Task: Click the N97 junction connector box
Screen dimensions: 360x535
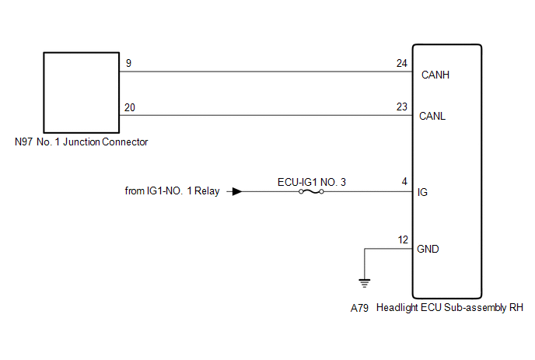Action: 79,93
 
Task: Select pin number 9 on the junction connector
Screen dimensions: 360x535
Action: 128,64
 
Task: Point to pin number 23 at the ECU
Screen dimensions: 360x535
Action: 401,107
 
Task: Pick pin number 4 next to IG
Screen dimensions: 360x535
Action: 404,182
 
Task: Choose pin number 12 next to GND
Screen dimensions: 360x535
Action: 402,239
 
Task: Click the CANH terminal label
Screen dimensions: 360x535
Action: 435,76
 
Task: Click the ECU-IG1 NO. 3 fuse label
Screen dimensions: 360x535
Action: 311,182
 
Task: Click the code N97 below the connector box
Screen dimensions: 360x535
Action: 23,142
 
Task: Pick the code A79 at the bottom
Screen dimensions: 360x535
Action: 360,308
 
